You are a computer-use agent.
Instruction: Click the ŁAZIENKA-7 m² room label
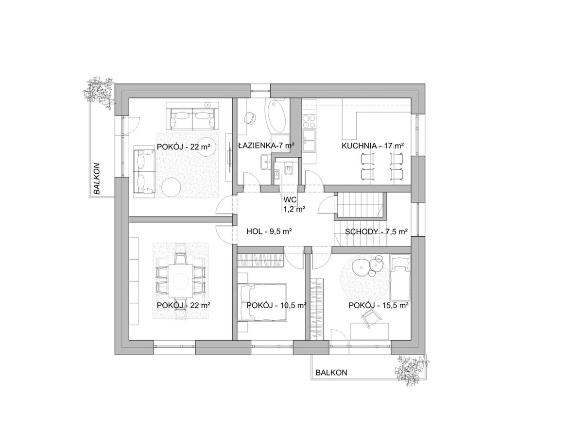tap(266, 146)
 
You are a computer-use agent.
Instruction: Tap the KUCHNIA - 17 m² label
tap(373, 146)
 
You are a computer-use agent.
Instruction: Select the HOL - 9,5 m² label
tap(269, 231)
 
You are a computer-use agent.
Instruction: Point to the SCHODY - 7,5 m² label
tap(376, 231)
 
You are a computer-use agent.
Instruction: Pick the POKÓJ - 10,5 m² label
tap(276, 305)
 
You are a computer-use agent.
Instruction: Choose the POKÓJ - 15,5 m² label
tap(379, 305)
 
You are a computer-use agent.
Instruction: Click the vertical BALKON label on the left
tap(96, 178)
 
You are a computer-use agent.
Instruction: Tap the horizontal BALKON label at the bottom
tap(331, 373)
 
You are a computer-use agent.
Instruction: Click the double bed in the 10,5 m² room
tap(262, 302)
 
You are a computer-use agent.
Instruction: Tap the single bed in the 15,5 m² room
tap(400, 275)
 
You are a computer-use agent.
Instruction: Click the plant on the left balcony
tap(99, 92)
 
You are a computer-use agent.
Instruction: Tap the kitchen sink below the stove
tap(310, 142)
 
